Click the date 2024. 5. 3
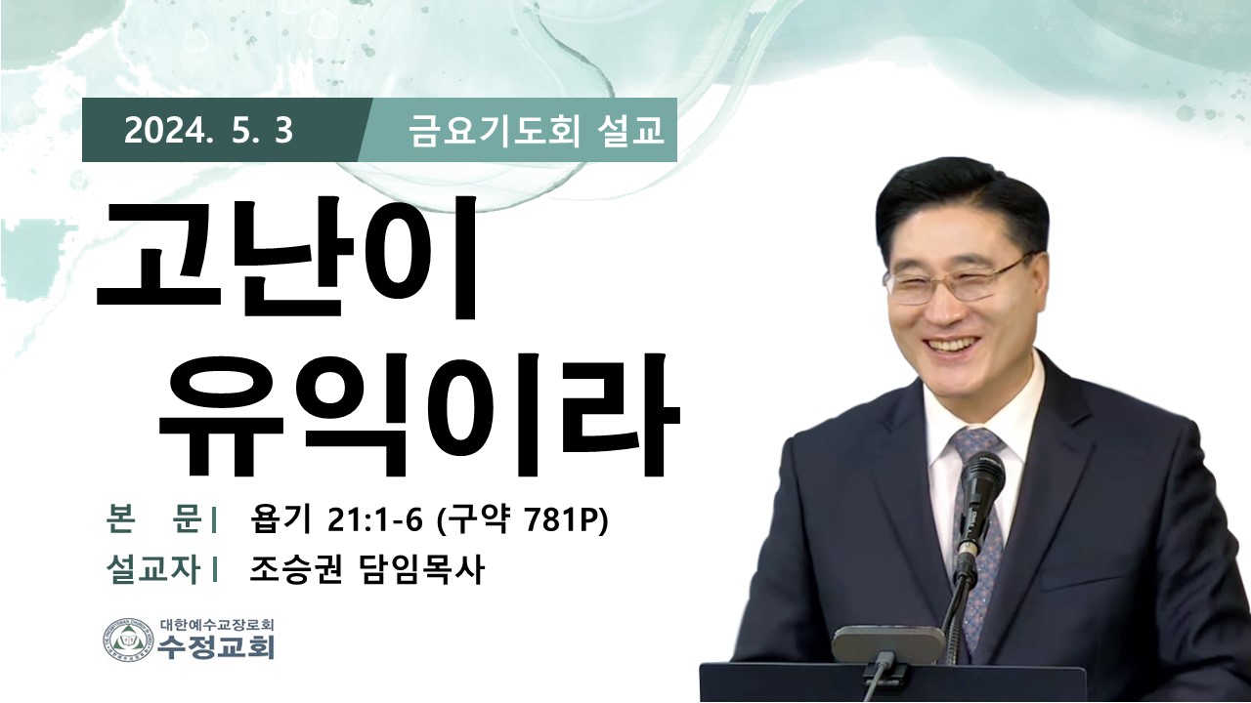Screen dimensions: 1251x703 [x=209, y=132]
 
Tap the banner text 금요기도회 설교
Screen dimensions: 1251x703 [x=537, y=132]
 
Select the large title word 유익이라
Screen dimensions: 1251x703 [x=419, y=415]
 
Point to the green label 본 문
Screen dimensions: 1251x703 [x=154, y=521]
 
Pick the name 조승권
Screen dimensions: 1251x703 [x=295, y=571]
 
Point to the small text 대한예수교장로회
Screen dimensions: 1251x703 [x=216, y=624]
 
